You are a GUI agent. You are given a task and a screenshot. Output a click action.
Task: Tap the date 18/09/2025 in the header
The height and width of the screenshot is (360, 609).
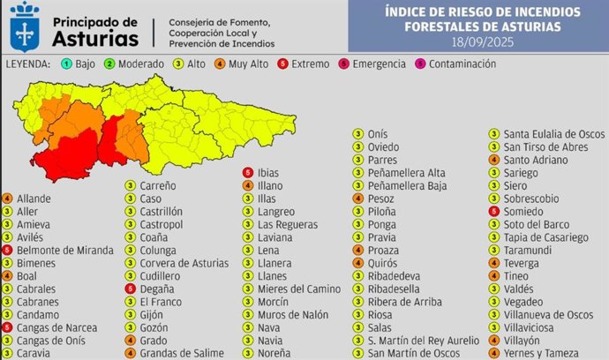483,41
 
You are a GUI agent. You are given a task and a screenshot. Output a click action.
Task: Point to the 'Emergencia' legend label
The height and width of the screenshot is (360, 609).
380,64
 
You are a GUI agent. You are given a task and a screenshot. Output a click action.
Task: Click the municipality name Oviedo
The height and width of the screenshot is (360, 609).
383,146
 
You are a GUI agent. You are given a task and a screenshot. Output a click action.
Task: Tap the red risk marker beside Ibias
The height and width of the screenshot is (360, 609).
248,173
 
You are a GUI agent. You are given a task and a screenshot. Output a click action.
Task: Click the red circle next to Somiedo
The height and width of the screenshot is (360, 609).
495,212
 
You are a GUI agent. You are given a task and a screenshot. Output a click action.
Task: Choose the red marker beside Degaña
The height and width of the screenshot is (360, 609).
130,289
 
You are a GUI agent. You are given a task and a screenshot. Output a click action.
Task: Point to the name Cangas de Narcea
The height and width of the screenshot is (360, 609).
56,327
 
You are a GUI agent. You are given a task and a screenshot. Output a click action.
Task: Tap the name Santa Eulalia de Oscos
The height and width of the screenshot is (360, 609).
553,134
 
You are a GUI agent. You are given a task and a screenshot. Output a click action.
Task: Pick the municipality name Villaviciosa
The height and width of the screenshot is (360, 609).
534,327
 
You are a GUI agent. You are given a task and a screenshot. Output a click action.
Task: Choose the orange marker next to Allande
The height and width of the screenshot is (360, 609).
7,199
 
